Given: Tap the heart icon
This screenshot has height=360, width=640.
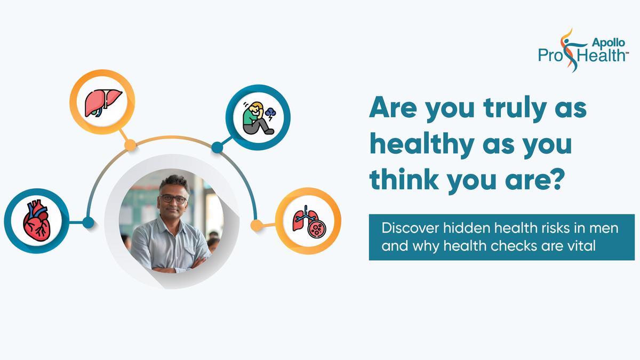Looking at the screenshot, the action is coord(37,221).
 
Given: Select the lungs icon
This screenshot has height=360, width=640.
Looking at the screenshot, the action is coord(309,221).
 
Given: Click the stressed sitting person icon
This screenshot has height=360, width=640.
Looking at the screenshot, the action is coord(259,118).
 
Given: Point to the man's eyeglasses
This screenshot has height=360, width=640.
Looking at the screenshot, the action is coord(173,198).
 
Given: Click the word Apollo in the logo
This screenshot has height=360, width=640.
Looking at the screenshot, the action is coord(609,43).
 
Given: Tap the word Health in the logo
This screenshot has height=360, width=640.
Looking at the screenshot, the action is coord(601,55).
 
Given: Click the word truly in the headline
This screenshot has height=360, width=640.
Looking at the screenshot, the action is coord(515,109).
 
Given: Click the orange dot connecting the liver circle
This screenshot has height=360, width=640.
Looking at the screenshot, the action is coord(130,145).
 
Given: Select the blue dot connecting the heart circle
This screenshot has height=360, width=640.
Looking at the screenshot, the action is coord(89,222).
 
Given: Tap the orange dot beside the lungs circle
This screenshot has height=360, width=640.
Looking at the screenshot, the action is coord(257,226).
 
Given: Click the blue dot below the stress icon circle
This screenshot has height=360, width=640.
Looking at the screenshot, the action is coord(217,147).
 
